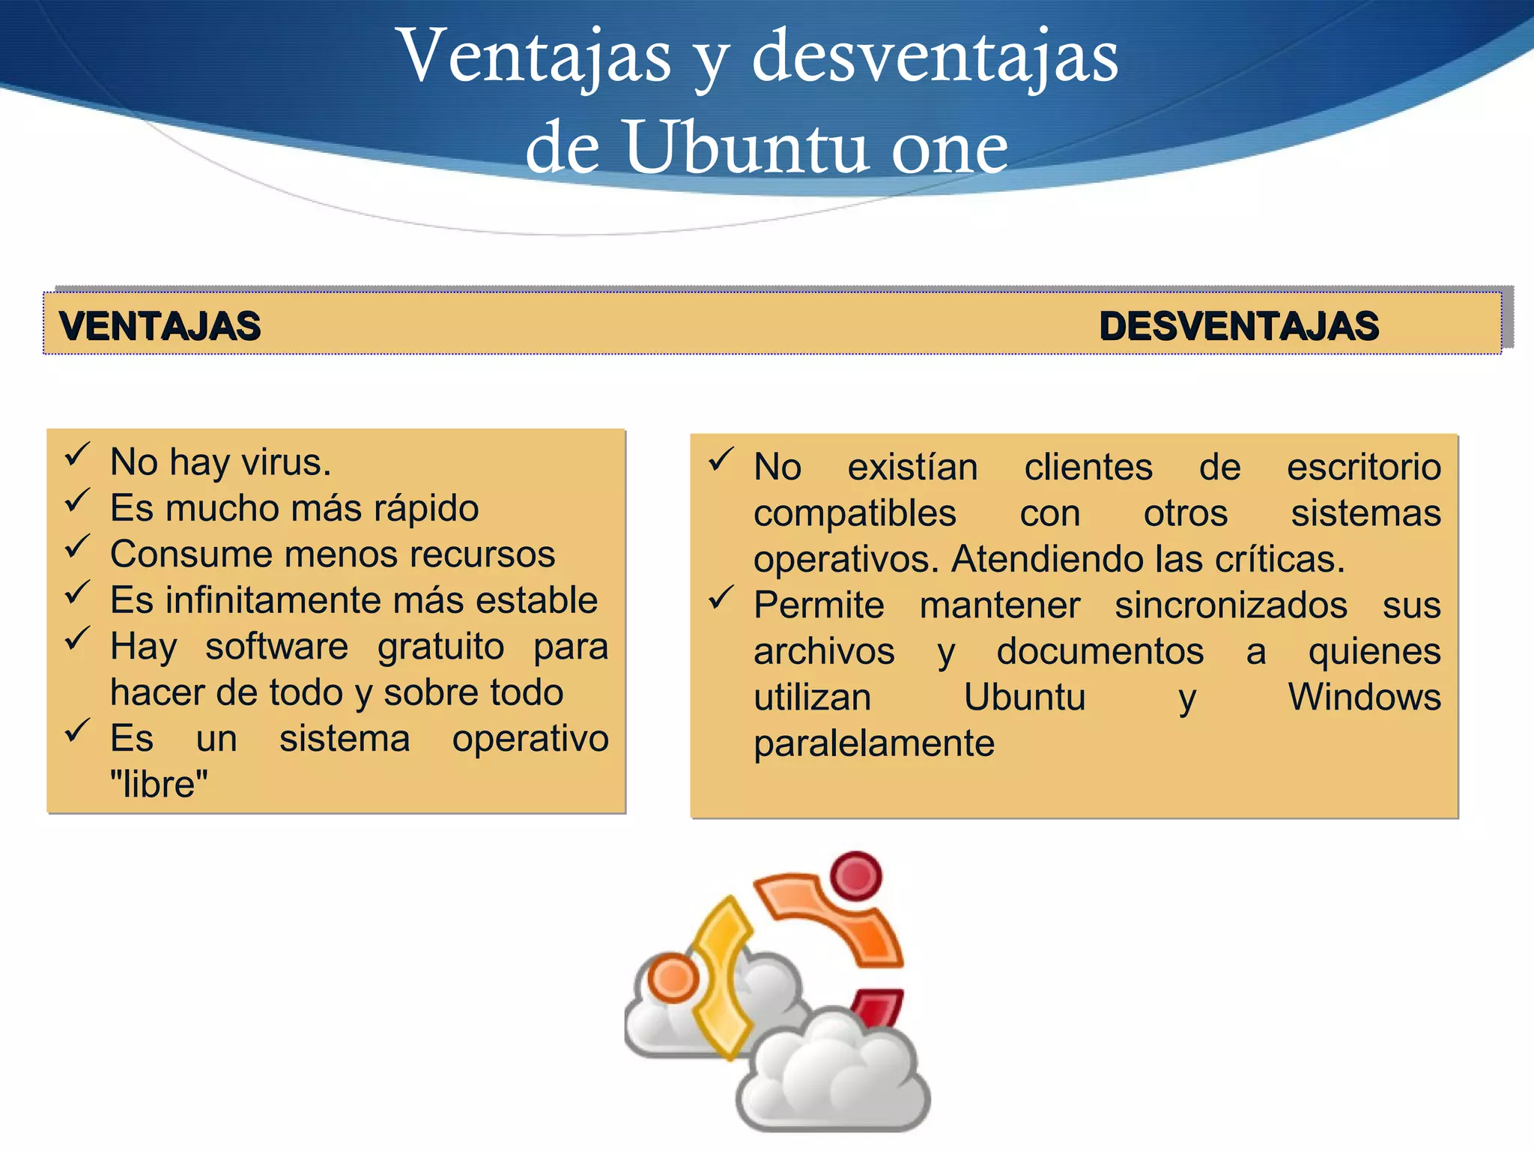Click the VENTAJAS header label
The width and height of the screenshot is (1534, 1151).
160,327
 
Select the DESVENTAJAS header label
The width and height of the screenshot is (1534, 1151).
1239,327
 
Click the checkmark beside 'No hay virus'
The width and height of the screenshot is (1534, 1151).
77,454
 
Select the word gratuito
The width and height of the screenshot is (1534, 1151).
440,647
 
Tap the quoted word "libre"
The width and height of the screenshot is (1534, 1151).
159,785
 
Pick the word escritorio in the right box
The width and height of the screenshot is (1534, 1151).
1363,468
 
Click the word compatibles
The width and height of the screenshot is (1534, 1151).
855,514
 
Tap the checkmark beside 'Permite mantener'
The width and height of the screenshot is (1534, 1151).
721,597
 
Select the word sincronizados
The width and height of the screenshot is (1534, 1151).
1231,605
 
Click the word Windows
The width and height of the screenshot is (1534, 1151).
1364,698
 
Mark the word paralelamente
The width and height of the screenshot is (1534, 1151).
873,743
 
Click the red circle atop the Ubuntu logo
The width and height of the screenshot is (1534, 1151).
856,875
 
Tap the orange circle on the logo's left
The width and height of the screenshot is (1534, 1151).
672,979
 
